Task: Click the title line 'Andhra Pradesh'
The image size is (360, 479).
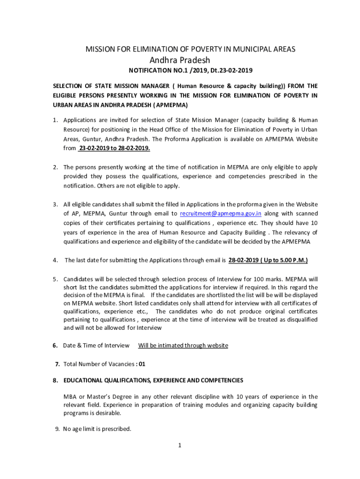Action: [x=180, y=60]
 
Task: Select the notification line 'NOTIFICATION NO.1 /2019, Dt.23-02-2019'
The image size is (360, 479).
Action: [x=190, y=71]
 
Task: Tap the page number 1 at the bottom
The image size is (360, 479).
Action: [x=180, y=445]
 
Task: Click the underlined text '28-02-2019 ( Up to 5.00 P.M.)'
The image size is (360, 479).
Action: [x=268, y=260]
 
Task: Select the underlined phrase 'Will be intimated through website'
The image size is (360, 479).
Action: [x=183, y=346]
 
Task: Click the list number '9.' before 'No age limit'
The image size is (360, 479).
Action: [x=58, y=428]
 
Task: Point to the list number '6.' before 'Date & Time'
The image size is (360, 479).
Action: [x=55, y=346]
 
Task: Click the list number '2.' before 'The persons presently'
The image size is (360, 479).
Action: [x=55, y=167]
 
